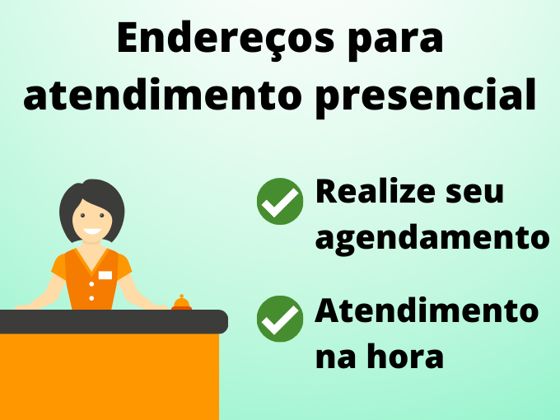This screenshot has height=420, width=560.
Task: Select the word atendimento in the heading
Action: click(x=162, y=94)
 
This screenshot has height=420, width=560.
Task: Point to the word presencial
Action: click(x=426, y=97)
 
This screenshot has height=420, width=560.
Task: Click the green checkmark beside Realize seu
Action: click(x=280, y=201)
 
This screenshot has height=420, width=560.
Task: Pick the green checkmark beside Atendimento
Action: click(x=280, y=319)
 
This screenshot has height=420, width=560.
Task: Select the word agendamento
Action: click(x=432, y=240)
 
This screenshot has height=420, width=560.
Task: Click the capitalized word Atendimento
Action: click(x=427, y=310)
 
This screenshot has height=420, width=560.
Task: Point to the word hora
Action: click(x=405, y=356)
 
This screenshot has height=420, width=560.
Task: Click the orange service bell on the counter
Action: click(x=181, y=302)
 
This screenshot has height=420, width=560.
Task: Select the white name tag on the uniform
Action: click(x=105, y=275)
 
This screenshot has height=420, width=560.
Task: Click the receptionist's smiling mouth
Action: click(x=92, y=231)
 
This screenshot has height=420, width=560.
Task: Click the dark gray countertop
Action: click(x=114, y=321)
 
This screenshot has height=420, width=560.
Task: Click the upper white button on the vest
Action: click(x=91, y=284)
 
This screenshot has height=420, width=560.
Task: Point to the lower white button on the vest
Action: click(x=91, y=298)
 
